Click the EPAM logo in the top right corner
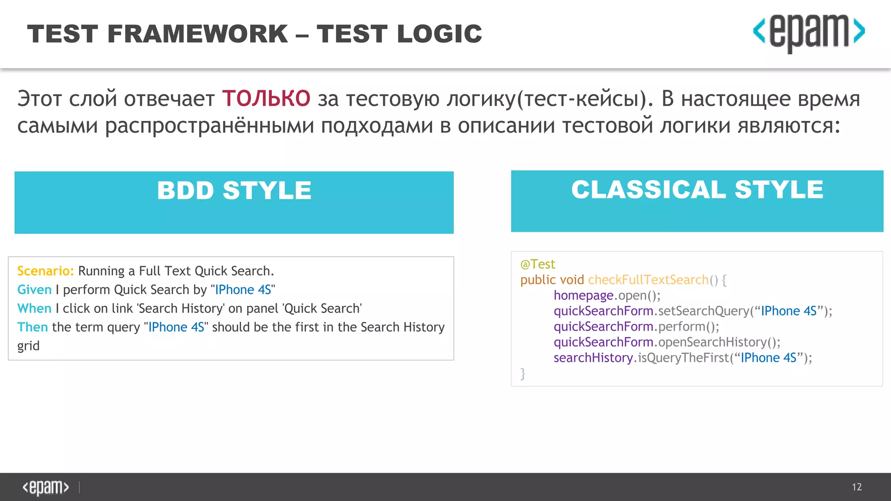coord(809,33)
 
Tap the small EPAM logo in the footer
coord(46,487)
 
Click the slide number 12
coord(857,487)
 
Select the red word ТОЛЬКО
coord(266,98)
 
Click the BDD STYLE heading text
coord(234,190)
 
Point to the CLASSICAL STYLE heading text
coord(697,190)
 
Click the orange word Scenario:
coord(45,271)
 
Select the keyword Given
coord(34,290)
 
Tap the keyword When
coord(34,308)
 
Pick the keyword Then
coord(33,327)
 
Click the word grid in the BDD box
coord(28,346)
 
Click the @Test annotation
coord(538,264)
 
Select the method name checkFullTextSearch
coord(648,280)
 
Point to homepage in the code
coord(583,296)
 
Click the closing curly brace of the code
coord(523,374)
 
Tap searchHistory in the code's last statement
coord(593,358)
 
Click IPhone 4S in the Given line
coord(243,290)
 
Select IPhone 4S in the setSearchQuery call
coord(788,311)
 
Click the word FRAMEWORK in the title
coord(198,34)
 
